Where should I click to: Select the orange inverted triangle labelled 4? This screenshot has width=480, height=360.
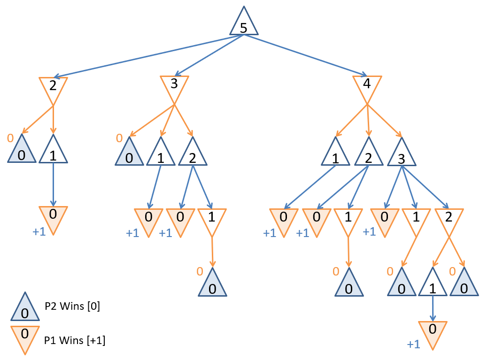click(367, 87)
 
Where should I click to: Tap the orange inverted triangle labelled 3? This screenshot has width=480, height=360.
click(175, 87)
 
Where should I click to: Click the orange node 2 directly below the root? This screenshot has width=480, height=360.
click(53, 87)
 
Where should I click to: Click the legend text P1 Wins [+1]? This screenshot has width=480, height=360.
click(75, 340)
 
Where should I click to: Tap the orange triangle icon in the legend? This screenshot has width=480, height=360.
click(25, 337)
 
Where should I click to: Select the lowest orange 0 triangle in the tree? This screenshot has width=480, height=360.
click(433, 332)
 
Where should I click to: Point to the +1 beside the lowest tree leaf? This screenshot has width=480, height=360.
click(413, 345)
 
